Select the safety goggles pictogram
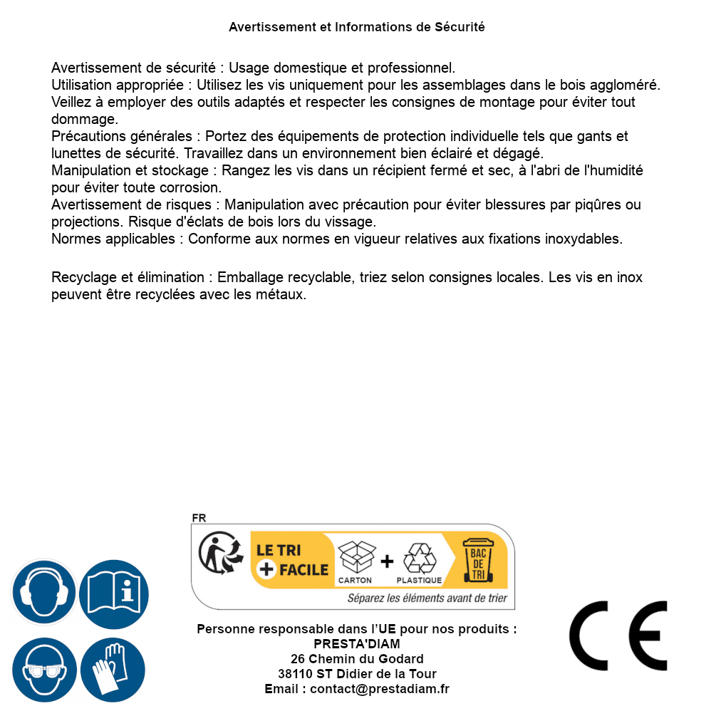pos(43,670)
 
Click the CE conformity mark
pos(618,636)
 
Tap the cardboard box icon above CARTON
pos(356,558)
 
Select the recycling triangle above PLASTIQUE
pos(419,559)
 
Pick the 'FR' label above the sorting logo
pos(199,518)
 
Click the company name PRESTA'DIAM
pos(357,644)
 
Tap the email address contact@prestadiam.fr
pos(380,689)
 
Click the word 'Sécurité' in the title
pos(460,27)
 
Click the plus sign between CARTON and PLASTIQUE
pos(387,561)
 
